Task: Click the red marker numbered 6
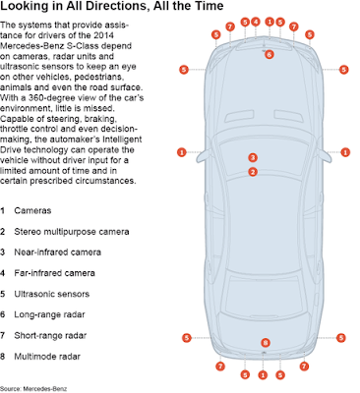[x=269, y=54]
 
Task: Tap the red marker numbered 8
[x=266, y=343]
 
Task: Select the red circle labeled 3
[x=253, y=158]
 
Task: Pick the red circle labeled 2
[x=253, y=172]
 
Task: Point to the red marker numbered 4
[x=256, y=22]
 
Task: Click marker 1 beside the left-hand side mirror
[x=182, y=152]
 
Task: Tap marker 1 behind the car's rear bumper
[x=263, y=375]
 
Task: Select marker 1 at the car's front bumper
[x=270, y=22]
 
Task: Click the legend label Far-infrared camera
[x=54, y=273]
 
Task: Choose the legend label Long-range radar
[x=49, y=314]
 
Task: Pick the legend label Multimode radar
[x=47, y=357]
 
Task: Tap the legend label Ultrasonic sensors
[x=52, y=294]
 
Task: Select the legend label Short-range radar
[x=50, y=336]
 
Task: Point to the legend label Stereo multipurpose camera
[x=72, y=232]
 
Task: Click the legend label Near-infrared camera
[x=57, y=253]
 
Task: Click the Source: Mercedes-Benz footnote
[x=33, y=389]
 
